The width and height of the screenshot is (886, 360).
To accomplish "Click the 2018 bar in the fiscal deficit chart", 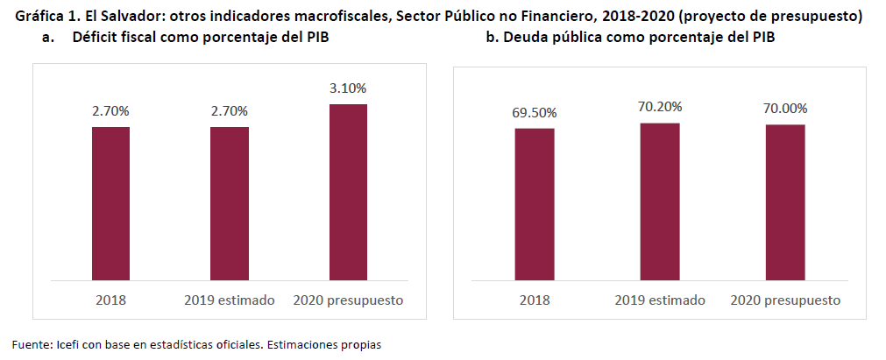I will [110, 203].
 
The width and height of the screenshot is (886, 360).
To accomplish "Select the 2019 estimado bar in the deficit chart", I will [229, 203].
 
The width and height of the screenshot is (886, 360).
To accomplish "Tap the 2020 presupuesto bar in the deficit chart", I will [348, 192].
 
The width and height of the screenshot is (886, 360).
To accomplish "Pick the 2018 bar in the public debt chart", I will [534, 204].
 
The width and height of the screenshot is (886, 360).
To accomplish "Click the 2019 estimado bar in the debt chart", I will [659, 201].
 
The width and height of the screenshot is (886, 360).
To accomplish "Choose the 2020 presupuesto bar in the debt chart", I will [785, 202].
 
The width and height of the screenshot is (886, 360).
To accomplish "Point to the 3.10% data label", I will [348, 88].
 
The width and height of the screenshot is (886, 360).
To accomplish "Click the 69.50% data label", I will [534, 112].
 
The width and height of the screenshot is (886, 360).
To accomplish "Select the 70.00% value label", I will [785, 108].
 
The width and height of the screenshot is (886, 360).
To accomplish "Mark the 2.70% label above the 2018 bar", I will [110, 111].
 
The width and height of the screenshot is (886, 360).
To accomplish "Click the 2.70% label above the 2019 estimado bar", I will [229, 111].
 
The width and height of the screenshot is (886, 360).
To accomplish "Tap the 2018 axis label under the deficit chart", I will [110, 300].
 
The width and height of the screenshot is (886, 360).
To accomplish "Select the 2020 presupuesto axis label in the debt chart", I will [785, 300].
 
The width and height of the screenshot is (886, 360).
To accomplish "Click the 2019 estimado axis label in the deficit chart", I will [230, 300].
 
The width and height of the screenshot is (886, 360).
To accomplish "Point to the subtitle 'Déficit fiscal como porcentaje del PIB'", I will [202, 38].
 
